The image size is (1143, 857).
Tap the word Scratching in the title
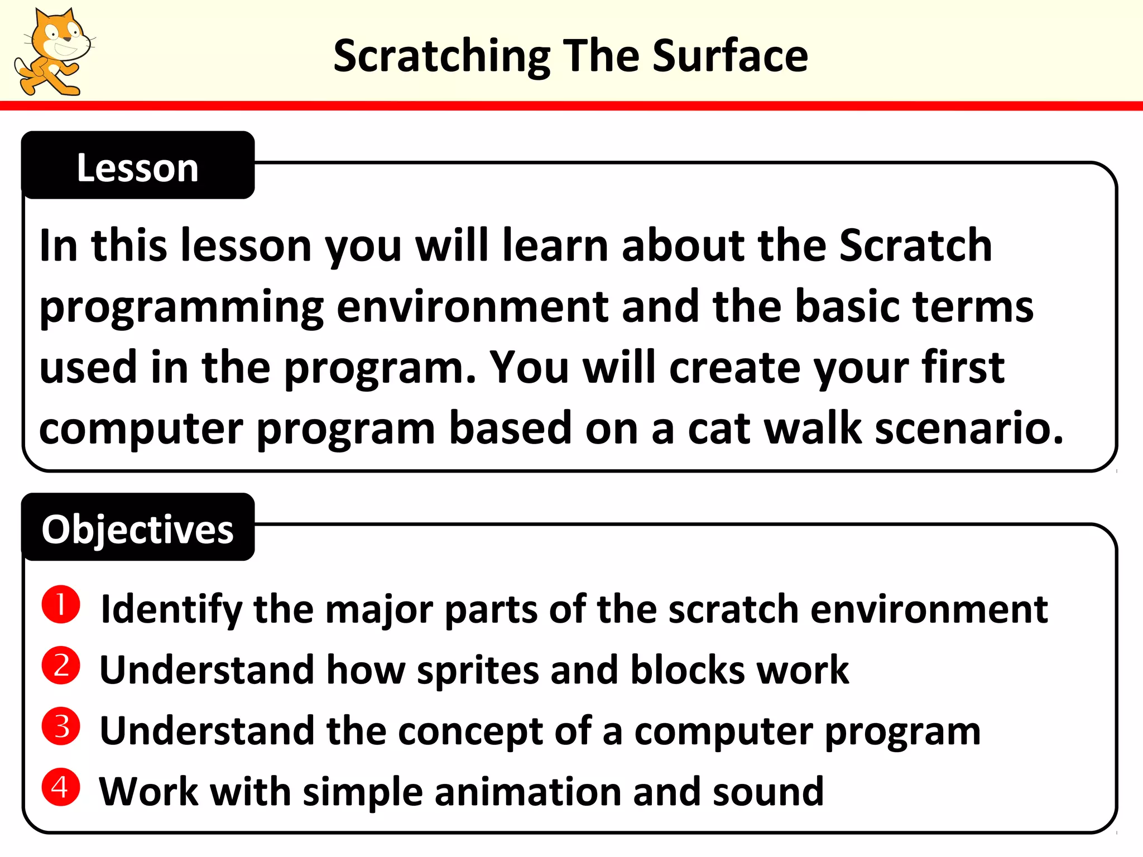click(441, 57)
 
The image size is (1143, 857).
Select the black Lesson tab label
click(138, 167)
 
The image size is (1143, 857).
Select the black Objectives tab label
click(138, 529)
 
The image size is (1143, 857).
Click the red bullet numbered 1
click(61, 604)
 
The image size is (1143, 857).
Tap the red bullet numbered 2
click(61, 665)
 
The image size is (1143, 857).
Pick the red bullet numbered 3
click(61, 726)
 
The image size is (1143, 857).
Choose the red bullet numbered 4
click(61, 787)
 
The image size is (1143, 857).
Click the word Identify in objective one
click(171, 610)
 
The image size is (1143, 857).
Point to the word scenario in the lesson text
click(969, 428)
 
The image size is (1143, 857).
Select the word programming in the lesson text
click(182, 309)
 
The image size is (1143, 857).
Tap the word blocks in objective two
click(687, 670)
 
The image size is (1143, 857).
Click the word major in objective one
click(379, 610)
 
